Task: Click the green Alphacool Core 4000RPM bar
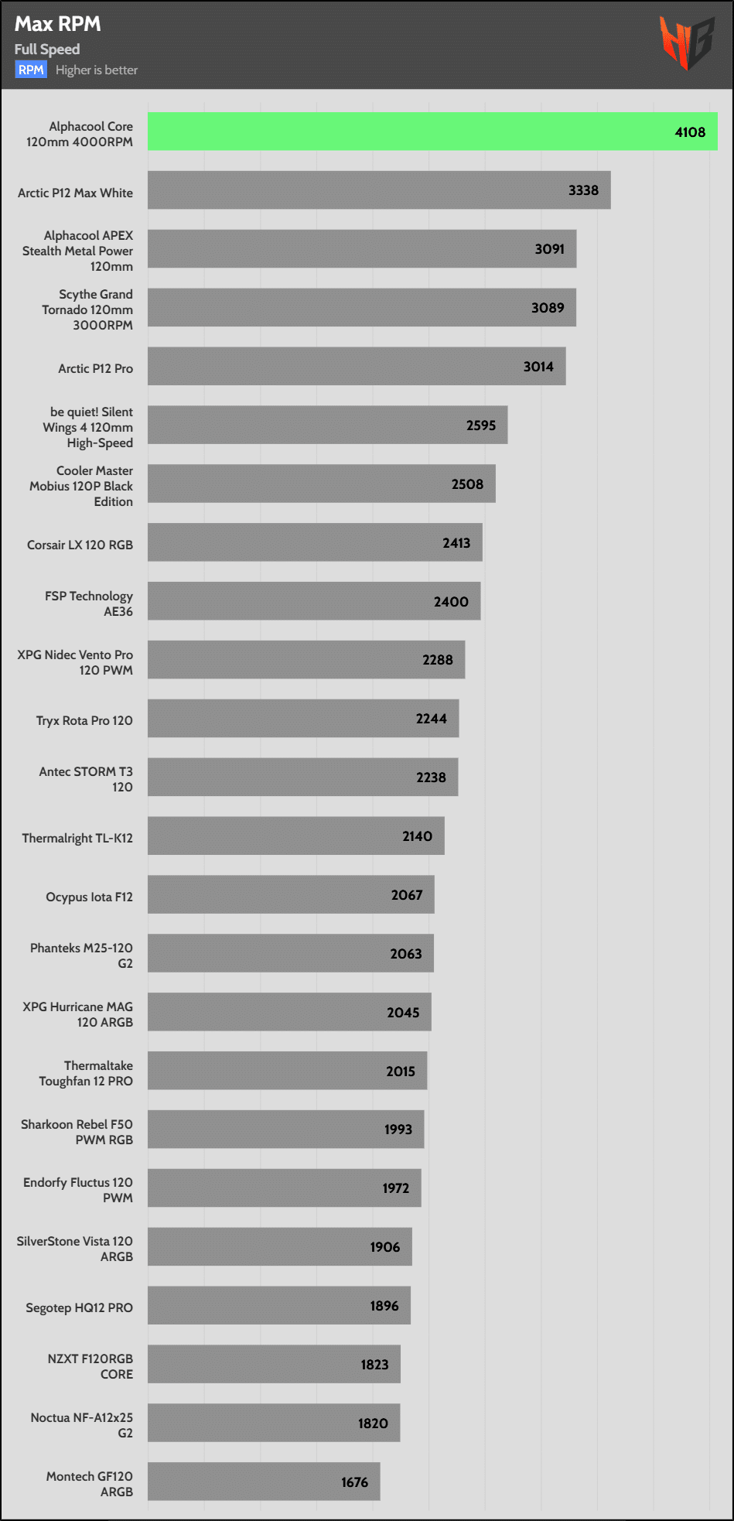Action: click(x=432, y=132)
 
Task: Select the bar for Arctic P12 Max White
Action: click(x=379, y=190)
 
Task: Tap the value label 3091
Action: click(x=549, y=249)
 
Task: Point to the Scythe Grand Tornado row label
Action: click(x=87, y=309)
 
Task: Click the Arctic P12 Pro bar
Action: click(x=357, y=366)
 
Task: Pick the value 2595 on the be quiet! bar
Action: click(x=480, y=426)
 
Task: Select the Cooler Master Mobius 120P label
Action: click(x=81, y=486)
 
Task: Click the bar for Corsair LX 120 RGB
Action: click(x=315, y=542)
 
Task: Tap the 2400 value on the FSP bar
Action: click(x=451, y=602)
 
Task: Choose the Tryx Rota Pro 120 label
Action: click(x=84, y=720)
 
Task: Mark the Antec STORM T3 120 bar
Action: click(x=302, y=777)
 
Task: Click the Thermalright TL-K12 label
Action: click(x=77, y=838)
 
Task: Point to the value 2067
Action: click(x=407, y=895)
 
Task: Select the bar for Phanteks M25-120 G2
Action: click(x=290, y=953)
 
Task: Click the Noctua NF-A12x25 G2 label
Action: click(x=82, y=1425)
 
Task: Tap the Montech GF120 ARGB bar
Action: click(x=264, y=1481)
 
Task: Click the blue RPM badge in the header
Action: click(x=31, y=70)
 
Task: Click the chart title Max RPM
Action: click(x=58, y=24)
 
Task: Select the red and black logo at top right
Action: click(x=686, y=43)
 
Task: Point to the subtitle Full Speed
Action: click(x=47, y=49)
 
